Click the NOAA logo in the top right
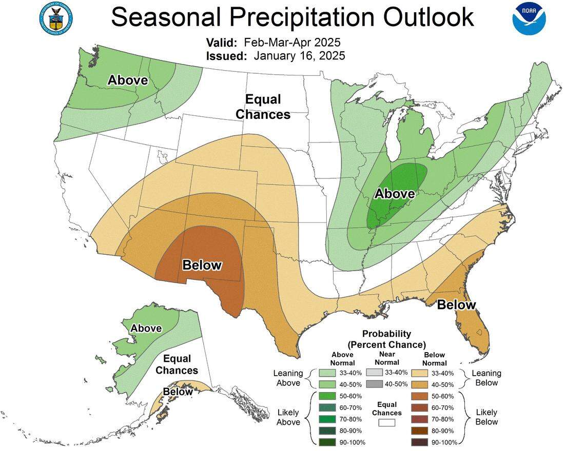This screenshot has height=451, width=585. [529, 18]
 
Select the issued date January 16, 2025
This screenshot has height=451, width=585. [299, 55]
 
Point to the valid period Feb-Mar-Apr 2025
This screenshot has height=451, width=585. [292, 42]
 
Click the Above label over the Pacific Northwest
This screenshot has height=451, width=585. [127, 80]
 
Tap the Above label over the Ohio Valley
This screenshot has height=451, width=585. [394, 193]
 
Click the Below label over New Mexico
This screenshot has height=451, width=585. [202, 265]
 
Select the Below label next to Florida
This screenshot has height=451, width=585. [456, 304]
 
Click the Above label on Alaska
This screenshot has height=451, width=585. [146, 328]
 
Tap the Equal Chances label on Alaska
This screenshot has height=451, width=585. [177, 364]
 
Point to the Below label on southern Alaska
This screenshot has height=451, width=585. [178, 392]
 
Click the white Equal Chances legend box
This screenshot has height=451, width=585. [387, 423]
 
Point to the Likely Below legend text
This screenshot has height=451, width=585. [486, 417]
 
